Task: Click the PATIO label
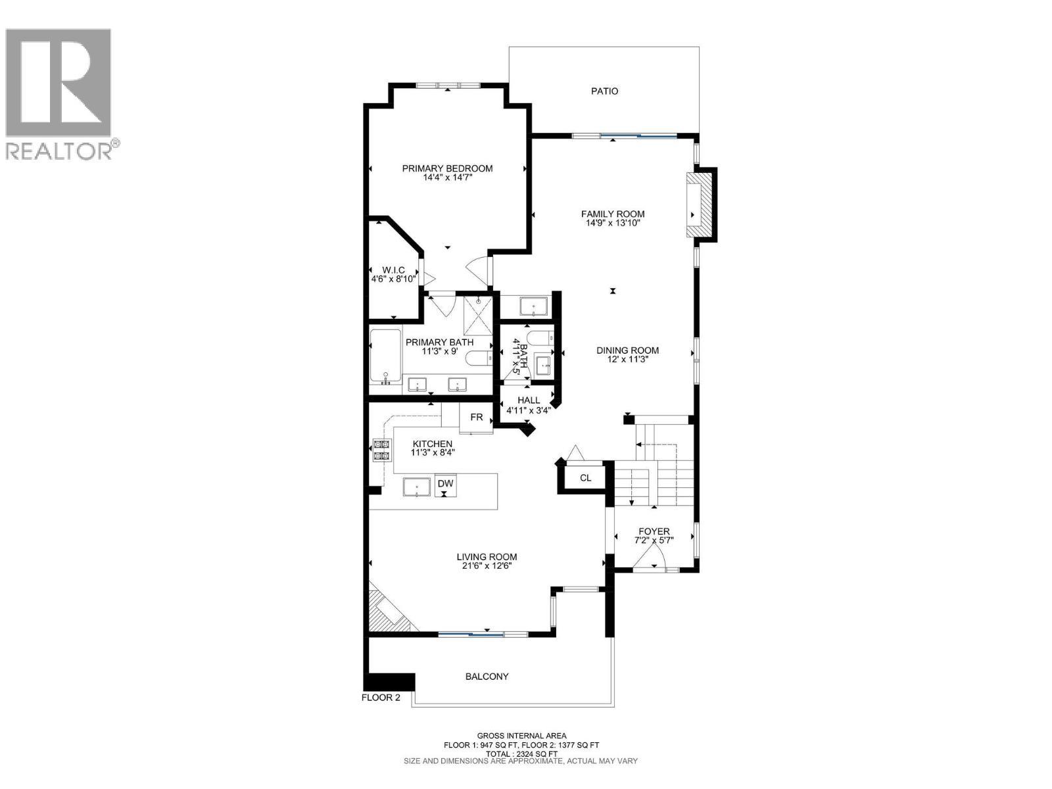604,91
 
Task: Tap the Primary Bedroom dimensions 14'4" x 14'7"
448,178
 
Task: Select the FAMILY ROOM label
613,214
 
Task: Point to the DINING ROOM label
627,350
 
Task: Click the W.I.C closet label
393,270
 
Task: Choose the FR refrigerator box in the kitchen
476,418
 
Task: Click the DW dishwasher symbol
445,485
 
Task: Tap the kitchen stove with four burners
381,450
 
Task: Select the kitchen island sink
416,488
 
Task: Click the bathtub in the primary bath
385,357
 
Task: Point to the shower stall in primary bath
478,315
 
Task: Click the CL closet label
585,477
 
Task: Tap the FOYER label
654,531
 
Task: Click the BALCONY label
487,677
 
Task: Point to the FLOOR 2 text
381,698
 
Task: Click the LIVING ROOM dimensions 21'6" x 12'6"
487,565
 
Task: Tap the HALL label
529,400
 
